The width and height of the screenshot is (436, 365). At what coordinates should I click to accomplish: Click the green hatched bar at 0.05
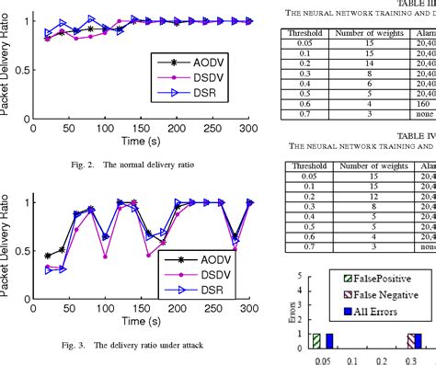coord(316,340)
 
